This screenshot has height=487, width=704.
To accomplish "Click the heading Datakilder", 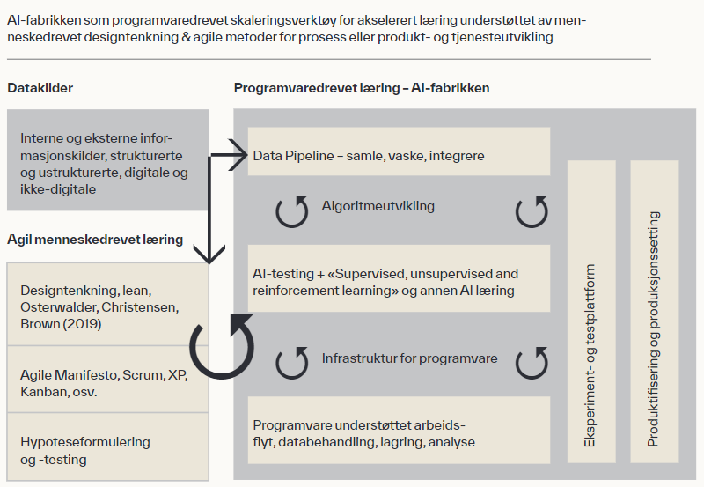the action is pos(40,88).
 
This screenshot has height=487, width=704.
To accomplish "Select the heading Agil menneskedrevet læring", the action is pos(95,240).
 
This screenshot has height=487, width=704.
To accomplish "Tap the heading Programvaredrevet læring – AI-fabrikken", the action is pos(362,88).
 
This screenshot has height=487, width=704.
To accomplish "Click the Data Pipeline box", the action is pos(399,151).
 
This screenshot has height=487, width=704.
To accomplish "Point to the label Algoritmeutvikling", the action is pos(378,206).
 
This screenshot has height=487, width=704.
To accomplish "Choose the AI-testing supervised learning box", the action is pos(399,278).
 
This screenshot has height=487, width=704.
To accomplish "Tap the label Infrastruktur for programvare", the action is pos(409,358).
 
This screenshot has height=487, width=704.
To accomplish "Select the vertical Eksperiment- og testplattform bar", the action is pos(591,312).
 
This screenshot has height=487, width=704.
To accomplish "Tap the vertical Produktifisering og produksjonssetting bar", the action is pos(654,312).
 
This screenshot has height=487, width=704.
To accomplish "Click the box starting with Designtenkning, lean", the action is pos(107,304).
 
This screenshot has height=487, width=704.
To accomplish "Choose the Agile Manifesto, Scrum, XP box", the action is pos(107,380).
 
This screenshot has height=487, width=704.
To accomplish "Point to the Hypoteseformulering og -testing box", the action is pos(107,446).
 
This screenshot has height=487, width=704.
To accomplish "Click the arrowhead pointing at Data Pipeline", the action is pos(238,155).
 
